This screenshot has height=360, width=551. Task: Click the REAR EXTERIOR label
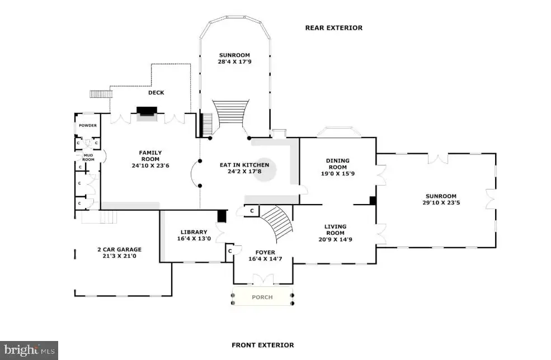[333, 28]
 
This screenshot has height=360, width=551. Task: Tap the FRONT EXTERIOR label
[262, 345]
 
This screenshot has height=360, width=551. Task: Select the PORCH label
[262, 297]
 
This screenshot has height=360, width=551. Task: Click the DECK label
[156, 92]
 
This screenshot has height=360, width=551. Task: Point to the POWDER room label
[87, 125]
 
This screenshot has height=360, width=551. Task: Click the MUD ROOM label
[88, 157]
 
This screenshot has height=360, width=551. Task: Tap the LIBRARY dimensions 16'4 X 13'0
[194, 239]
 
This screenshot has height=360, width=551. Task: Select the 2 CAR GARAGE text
[120, 249]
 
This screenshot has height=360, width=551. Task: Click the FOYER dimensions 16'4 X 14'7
[265, 259]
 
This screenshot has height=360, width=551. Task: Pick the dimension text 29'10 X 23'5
[441, 202]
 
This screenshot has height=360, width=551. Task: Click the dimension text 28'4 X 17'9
[234, 61]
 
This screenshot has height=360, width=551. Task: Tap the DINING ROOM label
[338, 164]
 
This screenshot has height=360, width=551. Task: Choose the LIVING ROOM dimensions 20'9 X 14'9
[335, 239]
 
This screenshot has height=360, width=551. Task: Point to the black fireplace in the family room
[147, 111]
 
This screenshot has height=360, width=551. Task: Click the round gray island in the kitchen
[265, 169]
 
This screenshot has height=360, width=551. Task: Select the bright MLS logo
[29, 350]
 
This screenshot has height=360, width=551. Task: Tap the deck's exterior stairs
[101, 94]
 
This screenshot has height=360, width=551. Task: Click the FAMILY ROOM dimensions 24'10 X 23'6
[150, 165]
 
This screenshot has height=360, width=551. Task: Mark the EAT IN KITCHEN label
[244, 165]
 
